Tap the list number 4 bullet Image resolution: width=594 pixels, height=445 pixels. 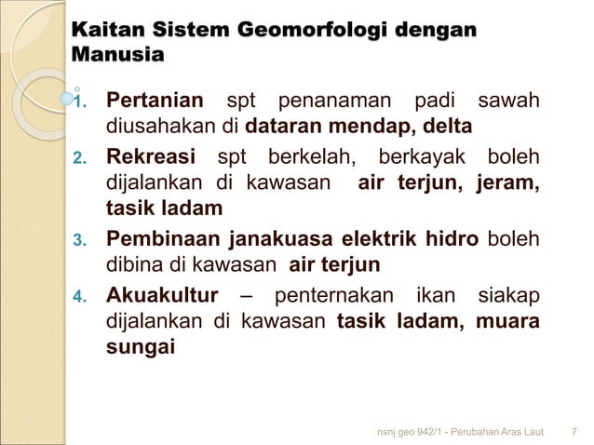point(79,298)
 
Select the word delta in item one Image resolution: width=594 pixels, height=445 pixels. point(447,125)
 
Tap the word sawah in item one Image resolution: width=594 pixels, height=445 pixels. point(507,100)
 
